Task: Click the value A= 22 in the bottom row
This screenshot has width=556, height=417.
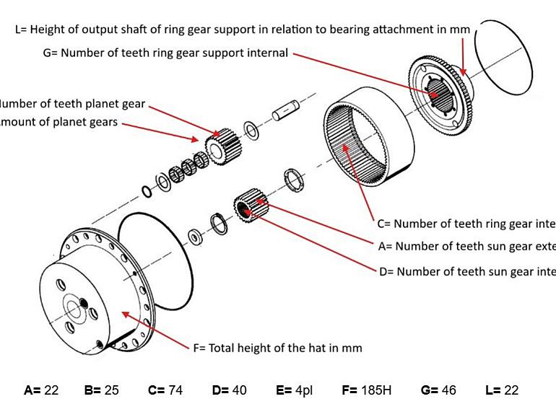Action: (41, 390)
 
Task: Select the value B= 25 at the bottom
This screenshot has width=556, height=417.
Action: (101, 390)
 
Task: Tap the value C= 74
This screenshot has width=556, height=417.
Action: (165, 390)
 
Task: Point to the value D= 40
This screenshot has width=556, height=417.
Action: (230, 390)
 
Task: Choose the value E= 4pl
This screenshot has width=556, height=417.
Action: (294, 390)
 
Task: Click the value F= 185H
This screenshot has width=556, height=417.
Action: (367, 390)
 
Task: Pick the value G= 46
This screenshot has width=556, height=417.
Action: (438, 390)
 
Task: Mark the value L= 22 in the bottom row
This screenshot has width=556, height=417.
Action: (502, 390)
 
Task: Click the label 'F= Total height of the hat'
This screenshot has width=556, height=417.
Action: (277, 348)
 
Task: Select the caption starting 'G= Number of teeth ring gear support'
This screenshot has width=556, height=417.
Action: (165, 53)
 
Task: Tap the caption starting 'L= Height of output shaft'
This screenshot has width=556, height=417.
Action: (243, 30)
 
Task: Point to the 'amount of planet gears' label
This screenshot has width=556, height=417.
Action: (58, 122)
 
